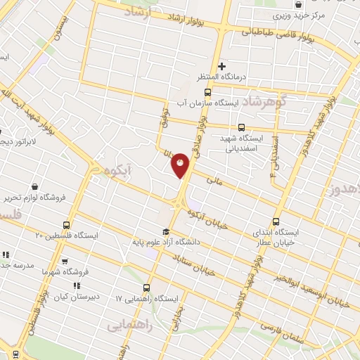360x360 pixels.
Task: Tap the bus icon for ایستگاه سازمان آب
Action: [207, 92]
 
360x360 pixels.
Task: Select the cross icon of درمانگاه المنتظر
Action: [221, 66]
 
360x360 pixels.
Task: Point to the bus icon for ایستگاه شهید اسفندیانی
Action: [241, 128]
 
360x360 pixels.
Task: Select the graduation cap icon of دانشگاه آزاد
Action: [166, 232]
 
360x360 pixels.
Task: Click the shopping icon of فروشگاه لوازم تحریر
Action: [35, 187]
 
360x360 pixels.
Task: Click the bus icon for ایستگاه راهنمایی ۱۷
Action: [146, 288]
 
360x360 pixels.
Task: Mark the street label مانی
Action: [214, 180]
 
